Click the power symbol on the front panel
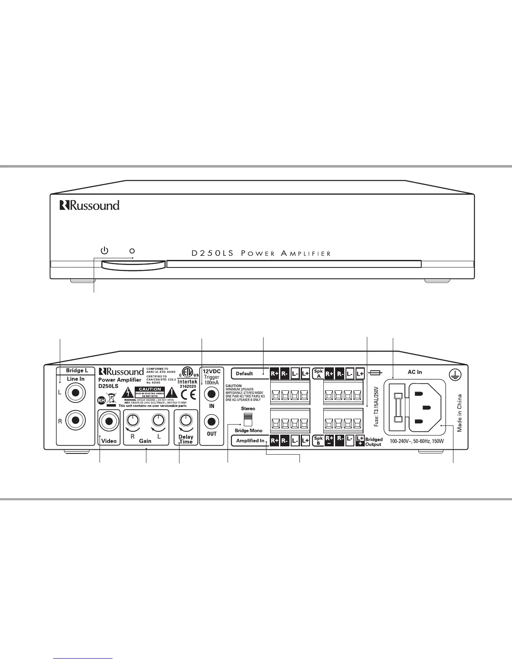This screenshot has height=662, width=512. [105, 251]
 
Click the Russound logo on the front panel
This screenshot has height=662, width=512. [90, 205]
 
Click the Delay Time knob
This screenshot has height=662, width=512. [186, 420]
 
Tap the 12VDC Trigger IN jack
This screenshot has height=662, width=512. [212, 395]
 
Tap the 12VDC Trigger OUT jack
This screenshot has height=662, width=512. [212, 422]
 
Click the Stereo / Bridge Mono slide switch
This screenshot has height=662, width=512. [248, 419]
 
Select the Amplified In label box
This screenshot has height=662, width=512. [250, 440]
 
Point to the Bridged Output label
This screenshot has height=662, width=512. [374, 442]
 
